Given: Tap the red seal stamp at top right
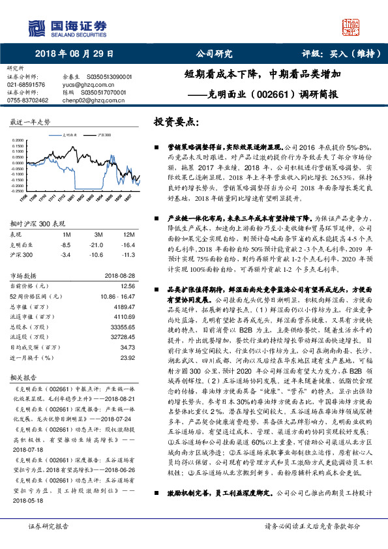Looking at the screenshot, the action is click(x=352, y=27).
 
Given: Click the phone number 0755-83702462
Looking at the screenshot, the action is click(x=28, y=100).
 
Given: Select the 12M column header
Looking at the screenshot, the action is click(x=129, y=234).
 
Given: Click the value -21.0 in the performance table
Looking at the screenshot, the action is click(x=99, y=244).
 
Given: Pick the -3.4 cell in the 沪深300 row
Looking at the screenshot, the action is click(x=65, y=254).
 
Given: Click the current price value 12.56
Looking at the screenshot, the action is click(x=127, y=286).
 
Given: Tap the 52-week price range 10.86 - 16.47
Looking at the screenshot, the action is click(x=118, y=295).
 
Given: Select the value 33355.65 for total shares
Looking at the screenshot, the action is click(x=123, y=326).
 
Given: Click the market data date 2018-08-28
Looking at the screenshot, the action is click(x=118, y=275).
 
